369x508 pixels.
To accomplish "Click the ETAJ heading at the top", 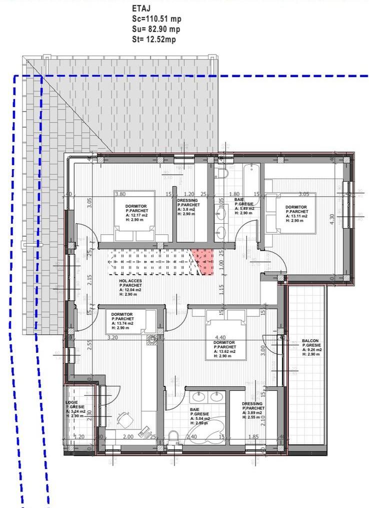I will point(140,9).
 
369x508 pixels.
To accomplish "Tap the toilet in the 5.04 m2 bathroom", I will point(174,436).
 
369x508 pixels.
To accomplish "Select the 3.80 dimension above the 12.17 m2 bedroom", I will point(120,194).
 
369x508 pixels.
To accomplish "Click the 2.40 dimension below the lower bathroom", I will point(191,437).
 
